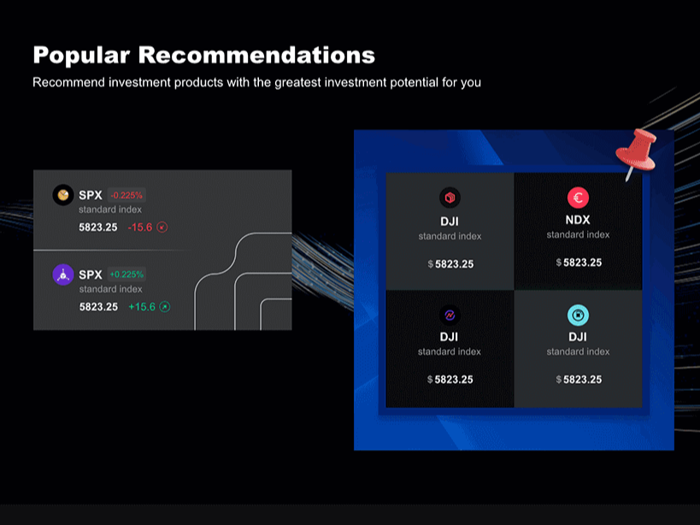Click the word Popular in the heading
82,56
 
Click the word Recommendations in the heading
256,55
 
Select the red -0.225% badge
126,195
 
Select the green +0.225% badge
126,274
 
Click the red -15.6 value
139,227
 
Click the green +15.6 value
142,307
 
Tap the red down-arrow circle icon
162,227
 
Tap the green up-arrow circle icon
165,307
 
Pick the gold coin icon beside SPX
63,195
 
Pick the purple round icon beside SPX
63,274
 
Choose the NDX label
578,220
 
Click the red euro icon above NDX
578,198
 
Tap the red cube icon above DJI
450,198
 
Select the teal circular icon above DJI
578,316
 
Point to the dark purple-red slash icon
450,316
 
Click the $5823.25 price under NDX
579,262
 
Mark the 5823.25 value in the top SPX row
98,227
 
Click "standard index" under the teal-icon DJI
578,351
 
